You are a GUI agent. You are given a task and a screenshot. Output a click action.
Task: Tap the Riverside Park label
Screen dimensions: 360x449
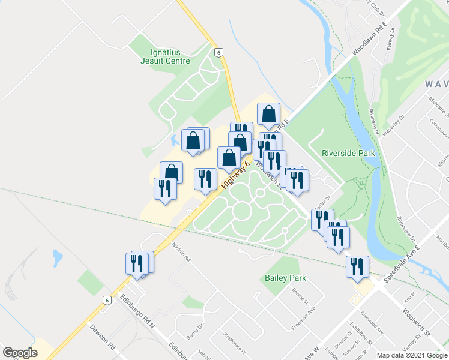(x=348, y=153)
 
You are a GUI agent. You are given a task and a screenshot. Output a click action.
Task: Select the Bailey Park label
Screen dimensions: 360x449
(x=286, y=278)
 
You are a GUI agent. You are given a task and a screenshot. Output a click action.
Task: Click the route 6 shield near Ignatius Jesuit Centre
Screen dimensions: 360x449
(x=220, y=52)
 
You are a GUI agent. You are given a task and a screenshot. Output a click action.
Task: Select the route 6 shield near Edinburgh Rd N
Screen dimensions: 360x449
(x=106, y=301)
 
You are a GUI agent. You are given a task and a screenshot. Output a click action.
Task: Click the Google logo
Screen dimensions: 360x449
(x=20, y=352)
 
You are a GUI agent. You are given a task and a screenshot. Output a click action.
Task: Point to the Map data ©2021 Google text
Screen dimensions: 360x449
(x=412, y=355)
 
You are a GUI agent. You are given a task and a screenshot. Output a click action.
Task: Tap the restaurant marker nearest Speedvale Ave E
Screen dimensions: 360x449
(x=357, y=266)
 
